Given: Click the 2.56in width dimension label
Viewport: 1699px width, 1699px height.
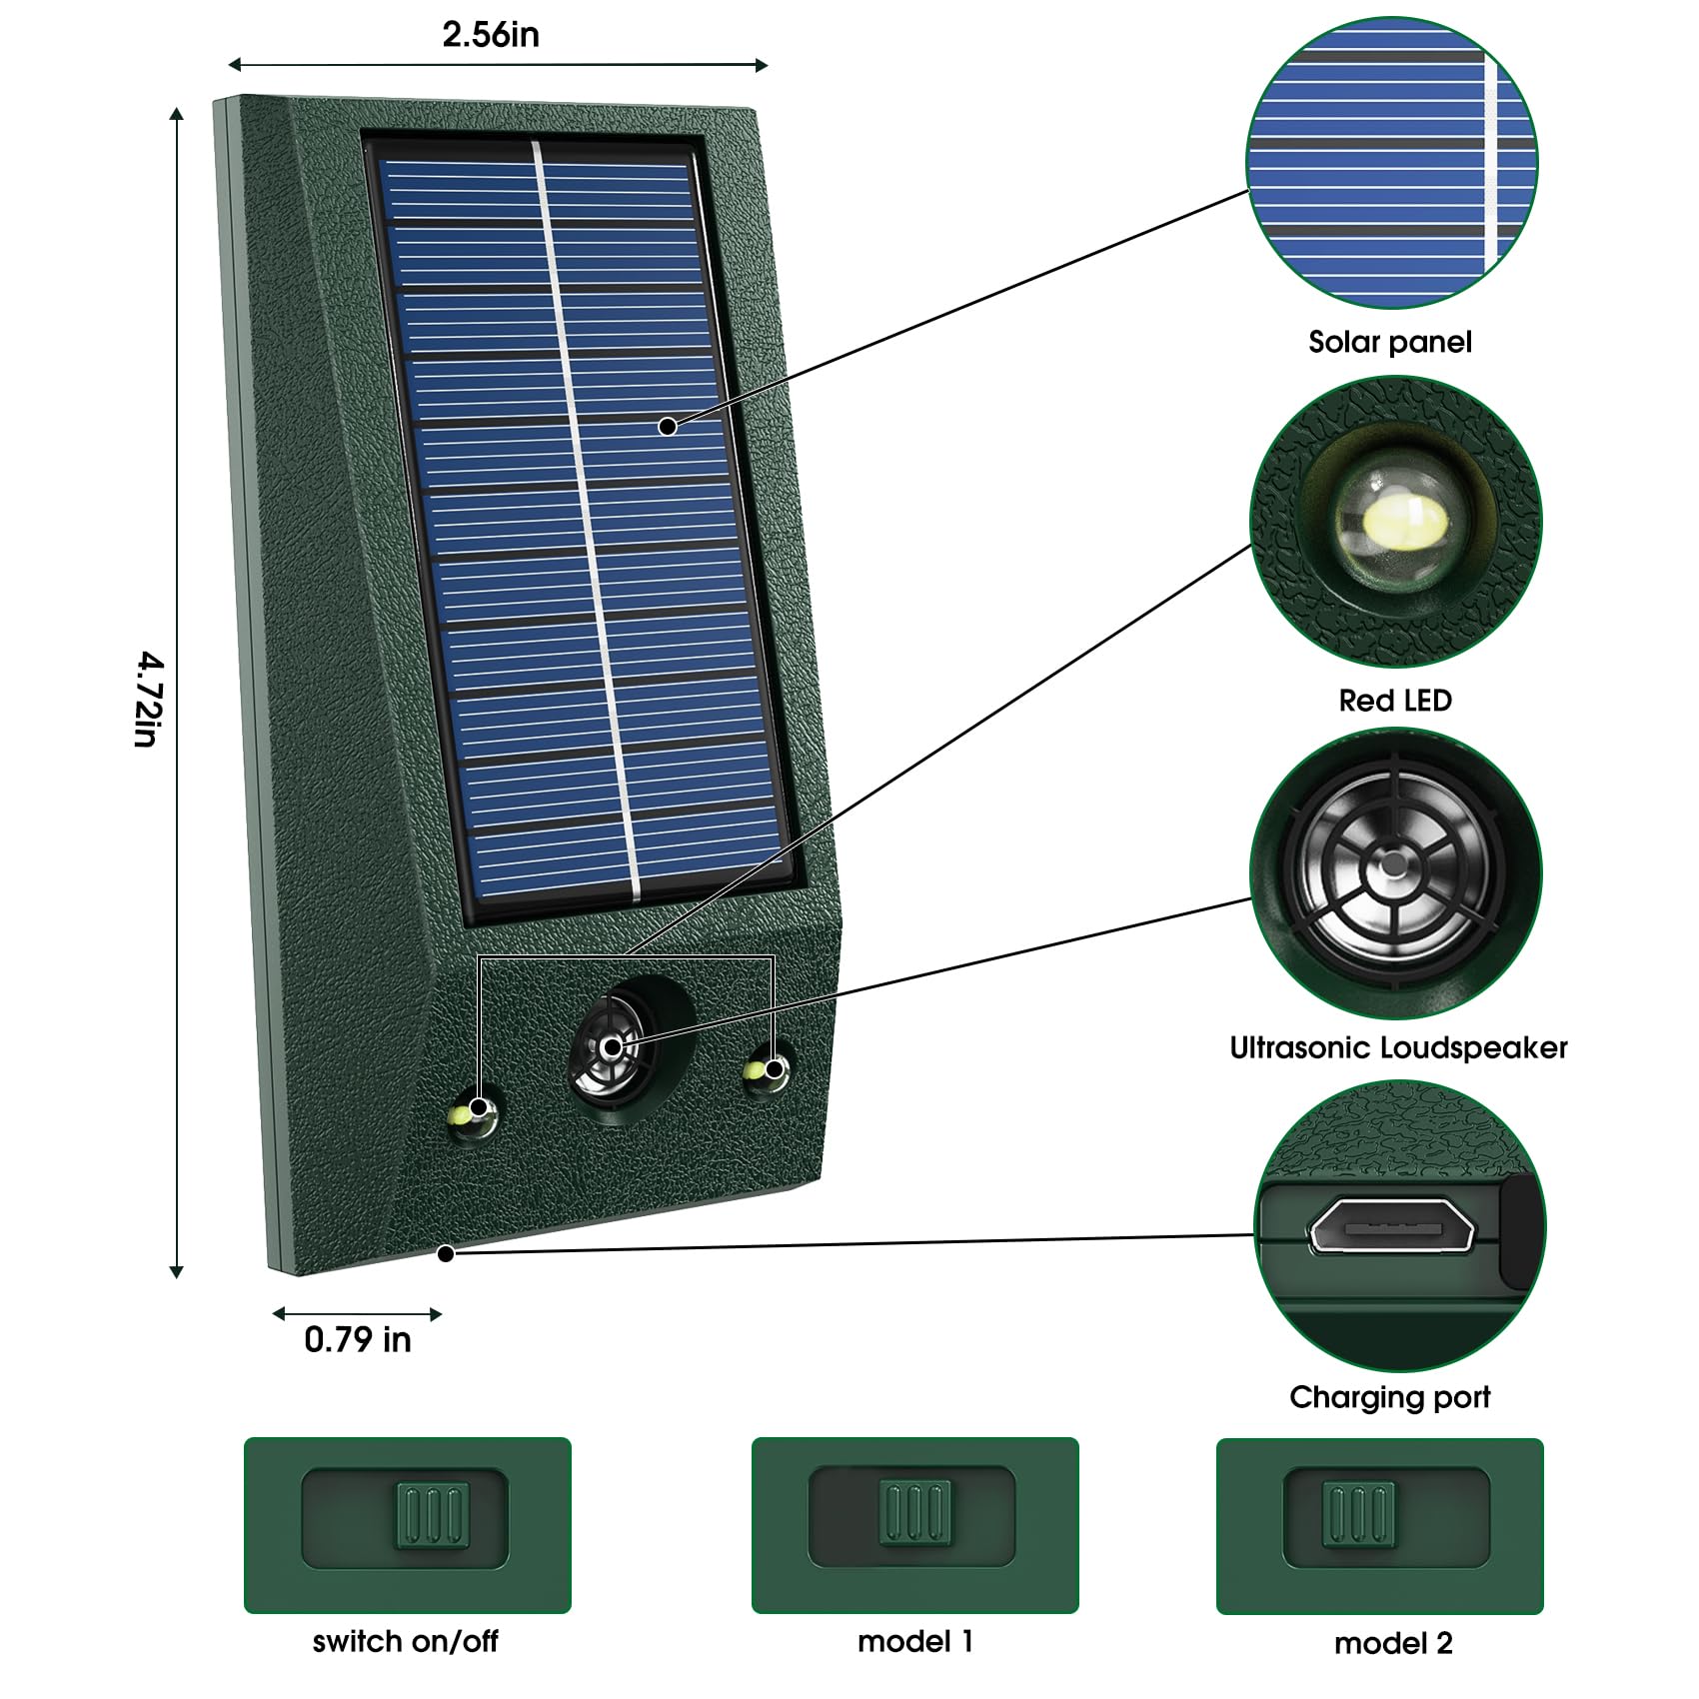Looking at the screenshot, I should [491, 35].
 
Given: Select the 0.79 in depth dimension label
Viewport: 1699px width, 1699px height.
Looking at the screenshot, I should [358, 1339].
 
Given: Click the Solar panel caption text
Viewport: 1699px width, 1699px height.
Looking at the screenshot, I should [1390, 342].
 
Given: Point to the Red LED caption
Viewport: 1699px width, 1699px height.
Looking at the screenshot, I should [1395, 700].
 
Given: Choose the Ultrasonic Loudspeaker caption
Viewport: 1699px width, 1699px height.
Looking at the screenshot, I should [1398, 1047].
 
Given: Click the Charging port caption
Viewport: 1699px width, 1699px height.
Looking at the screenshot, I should [1389, 1396].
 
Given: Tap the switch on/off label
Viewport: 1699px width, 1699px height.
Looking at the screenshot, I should [405, 1641].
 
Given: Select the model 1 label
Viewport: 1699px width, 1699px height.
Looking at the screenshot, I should [914, 1641].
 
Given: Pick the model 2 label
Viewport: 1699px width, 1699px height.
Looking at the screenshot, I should [1393, 1643].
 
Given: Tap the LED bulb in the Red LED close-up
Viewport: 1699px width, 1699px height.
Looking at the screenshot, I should [1402, 522].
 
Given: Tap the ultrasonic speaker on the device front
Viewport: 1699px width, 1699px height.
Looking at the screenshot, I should [610, 1048].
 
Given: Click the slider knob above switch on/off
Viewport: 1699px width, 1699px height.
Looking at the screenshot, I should [433, 1516].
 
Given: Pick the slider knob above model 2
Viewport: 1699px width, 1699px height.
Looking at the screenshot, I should [1358, 1514].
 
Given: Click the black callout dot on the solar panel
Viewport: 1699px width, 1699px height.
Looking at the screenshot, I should [668, 427].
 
